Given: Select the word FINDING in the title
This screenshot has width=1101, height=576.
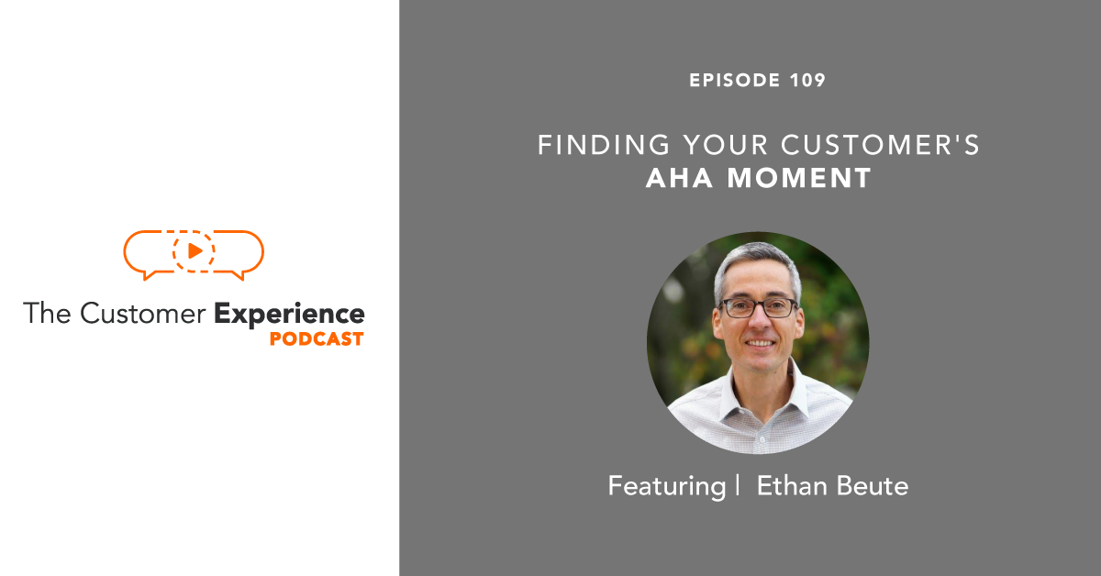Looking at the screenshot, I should (591, 145).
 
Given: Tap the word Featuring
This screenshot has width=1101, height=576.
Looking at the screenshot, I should (666, 486).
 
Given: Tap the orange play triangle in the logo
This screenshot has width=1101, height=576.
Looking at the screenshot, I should (195, 250).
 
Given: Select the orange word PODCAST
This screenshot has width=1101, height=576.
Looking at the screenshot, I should (317, 339).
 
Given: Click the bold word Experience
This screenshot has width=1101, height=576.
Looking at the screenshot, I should (289, 314).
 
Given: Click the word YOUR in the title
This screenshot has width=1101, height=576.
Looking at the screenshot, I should (719, 145).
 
